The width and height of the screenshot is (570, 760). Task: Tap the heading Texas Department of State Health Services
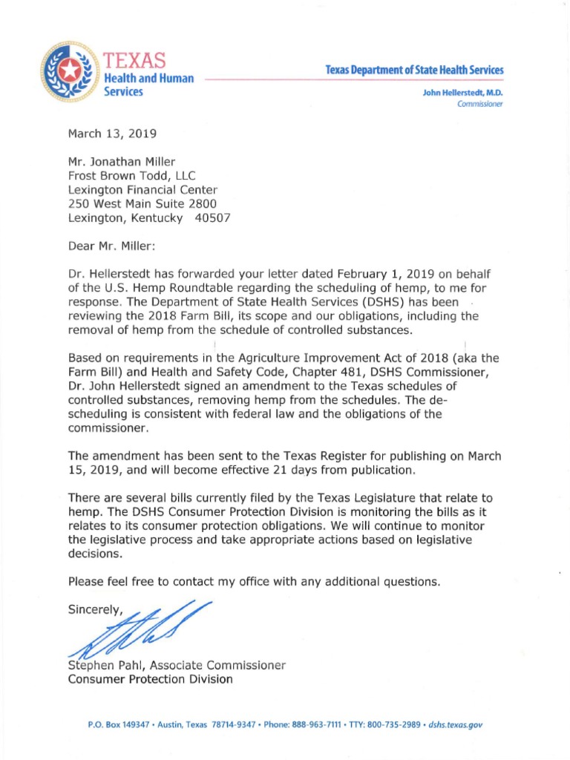(414, 70)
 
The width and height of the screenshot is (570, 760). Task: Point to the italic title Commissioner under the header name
(479, 105)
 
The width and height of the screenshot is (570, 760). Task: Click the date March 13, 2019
(112, 134)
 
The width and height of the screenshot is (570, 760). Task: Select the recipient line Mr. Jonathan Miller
(122, 162)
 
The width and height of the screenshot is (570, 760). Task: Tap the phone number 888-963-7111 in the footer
(315, 724)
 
